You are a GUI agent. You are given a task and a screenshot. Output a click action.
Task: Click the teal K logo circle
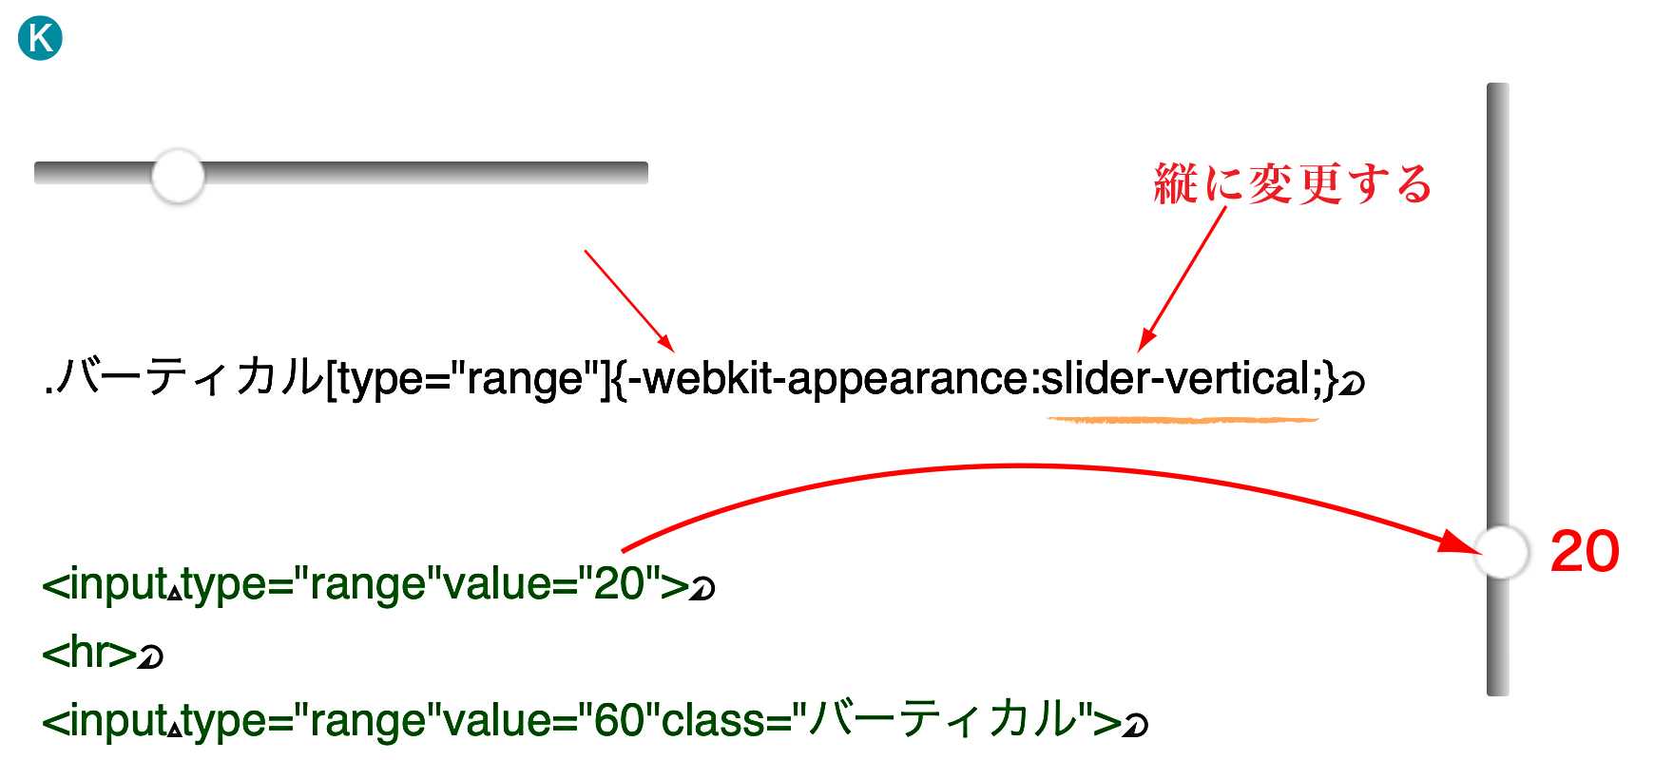(41, 39)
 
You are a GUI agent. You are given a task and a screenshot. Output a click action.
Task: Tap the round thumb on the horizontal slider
(178, 176)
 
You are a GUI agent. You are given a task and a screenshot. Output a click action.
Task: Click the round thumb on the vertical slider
(1501, 552)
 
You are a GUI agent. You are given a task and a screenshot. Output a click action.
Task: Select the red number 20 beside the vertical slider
(1585, 552)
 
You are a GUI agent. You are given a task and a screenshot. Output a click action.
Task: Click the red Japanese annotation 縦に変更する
(1293, 183)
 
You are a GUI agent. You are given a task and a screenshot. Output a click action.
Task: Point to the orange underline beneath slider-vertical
(1183, 419)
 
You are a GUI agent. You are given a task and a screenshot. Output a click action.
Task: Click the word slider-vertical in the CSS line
(1176, 378)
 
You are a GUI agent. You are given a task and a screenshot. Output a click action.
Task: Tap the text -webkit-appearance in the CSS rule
(827, 380)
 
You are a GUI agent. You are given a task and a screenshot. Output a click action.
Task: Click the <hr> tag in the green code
(89, 653)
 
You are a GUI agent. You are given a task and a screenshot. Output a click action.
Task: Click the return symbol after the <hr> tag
(150, 655)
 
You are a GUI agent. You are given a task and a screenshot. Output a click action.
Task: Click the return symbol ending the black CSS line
(1352, 382)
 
